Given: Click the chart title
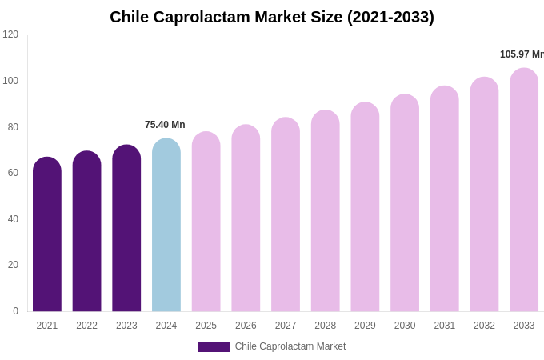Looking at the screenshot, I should [272, 17].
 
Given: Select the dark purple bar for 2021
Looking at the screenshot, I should [47, 236].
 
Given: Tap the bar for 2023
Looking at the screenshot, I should [126, 230].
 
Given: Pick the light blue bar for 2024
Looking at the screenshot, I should [166, 226].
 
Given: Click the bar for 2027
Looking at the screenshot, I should [286, 216].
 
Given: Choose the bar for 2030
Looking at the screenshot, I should [405, 204].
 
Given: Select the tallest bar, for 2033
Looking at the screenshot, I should [524, 191].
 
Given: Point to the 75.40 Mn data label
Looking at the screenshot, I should [165, 125].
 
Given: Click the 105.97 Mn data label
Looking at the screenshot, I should [522, 54].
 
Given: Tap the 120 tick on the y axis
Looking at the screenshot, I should [10, 34].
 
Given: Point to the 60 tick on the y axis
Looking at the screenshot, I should [13, 173].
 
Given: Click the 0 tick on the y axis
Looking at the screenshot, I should [15, 311].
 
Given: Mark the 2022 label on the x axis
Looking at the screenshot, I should [86, 326].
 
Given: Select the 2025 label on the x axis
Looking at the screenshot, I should [206, 326].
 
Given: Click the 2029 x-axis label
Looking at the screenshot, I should [365, 326].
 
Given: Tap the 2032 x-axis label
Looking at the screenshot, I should [484, 326].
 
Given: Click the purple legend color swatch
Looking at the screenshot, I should [214, 347].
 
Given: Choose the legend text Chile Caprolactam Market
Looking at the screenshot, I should [290, 346].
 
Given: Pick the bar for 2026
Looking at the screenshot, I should [246, 219].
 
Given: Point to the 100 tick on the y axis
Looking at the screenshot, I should [10, 81].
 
